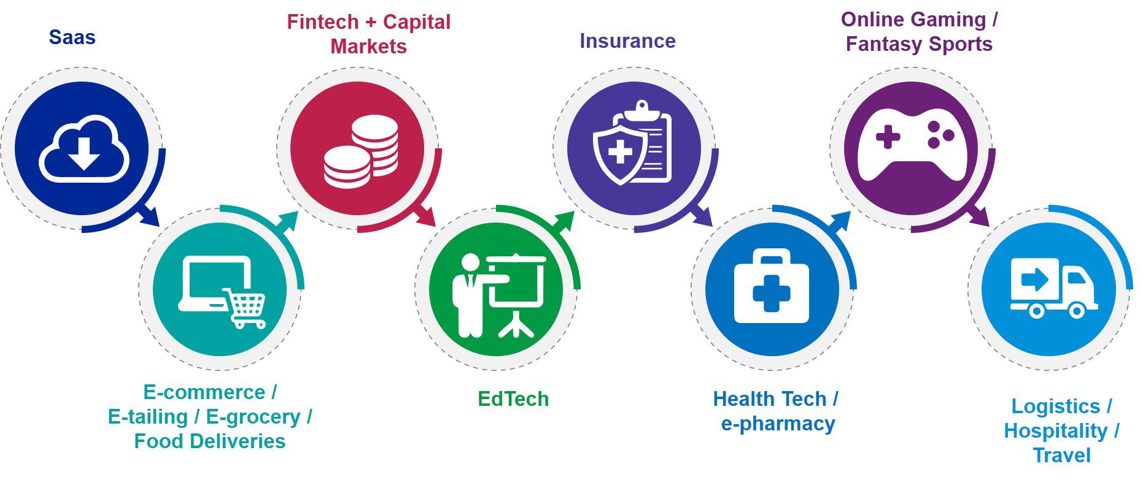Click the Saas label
[72, 37]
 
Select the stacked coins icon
[361, 151]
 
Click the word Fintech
[322, 22]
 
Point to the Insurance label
[627, 41]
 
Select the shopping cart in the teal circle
[244, 308]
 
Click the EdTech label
[513, 399]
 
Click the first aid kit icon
[772, 286]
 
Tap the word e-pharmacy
[778, 424]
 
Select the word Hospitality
[1056, 431]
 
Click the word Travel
[1061, 455]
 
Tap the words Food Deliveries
[210, 441]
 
